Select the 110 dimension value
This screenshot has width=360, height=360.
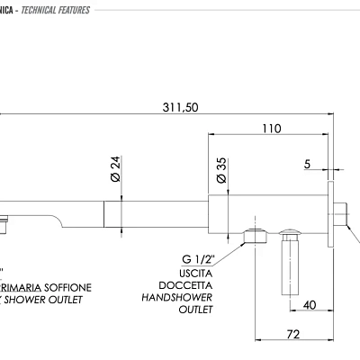(x=271, y=129)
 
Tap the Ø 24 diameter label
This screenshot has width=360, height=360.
(x=114, y=168)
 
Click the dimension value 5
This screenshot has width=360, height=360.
(x=308, y=165)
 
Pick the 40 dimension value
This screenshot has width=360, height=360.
(x=309, y=305)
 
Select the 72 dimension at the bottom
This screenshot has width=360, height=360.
(x=293, y=335)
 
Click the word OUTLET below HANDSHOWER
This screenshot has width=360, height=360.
(x=195, y=309)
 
